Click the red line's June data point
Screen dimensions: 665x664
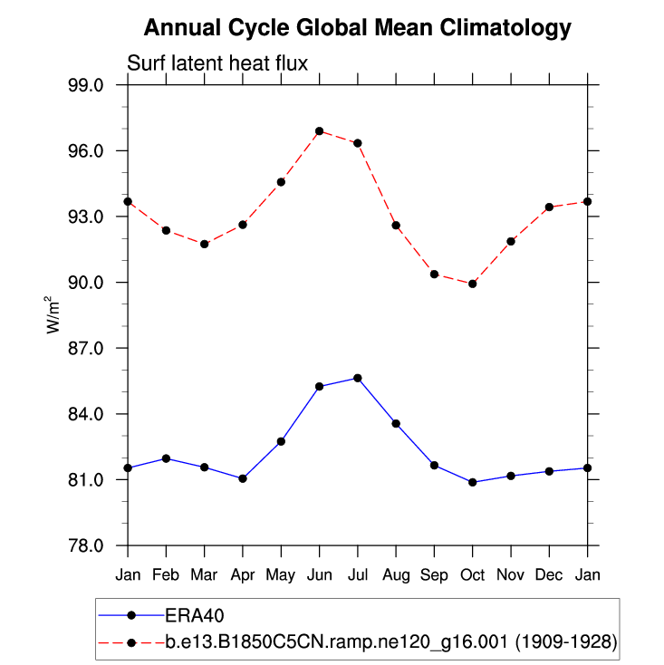click(x=320, y=131)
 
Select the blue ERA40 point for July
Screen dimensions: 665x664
click(x=358, y=378)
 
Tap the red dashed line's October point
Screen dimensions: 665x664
click(x=473, y=284)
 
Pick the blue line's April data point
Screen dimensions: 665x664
click(x=243, y=478)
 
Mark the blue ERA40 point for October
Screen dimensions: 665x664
click(x=473, y=482)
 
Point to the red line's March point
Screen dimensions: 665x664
click(x=205, y=244)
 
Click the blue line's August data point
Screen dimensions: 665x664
click(x=396, y=424)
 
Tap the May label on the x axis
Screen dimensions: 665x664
click(x=281, y=574)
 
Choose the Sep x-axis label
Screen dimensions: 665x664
click(x=434, y=574)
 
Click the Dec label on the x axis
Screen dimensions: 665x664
click(x=549, y=574)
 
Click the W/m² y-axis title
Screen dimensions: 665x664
click(x=53, y=314)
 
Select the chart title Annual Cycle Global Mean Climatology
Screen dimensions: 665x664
click(x=358, y=28)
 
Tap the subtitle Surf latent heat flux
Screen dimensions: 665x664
click(x=218, y=63)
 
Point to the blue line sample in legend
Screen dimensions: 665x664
click(x=131, y=615)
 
